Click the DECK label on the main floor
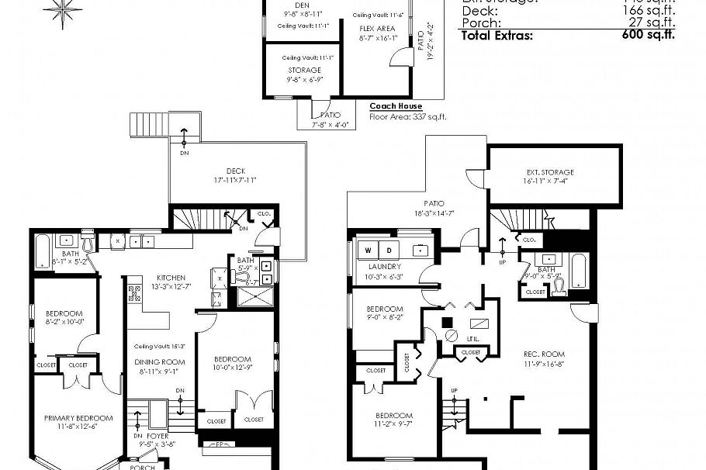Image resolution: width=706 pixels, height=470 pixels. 237,170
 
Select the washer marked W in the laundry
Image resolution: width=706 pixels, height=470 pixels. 366,251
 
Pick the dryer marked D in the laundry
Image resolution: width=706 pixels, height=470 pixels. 389,251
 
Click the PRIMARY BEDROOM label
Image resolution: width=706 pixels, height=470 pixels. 78,418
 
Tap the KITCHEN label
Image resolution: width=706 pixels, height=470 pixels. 171,277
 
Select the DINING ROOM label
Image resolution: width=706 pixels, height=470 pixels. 161,361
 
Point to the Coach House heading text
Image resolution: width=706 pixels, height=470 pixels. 396,106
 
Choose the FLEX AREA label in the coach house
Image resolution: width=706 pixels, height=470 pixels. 377,28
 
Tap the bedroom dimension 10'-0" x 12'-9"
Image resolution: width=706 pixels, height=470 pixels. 233,368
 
